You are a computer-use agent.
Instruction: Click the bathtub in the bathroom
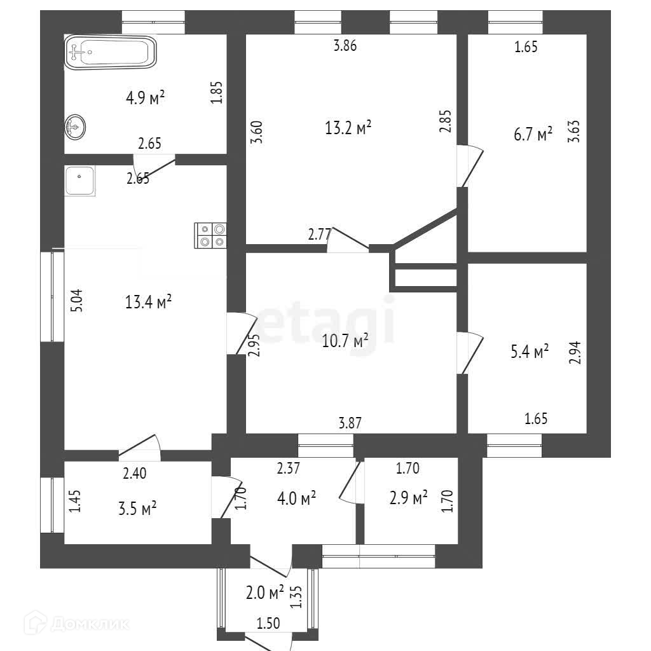point(111,51)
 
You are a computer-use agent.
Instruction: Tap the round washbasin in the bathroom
point(75,128)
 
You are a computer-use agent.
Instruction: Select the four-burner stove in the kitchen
point(210,235)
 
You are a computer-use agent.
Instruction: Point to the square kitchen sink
point(79,181)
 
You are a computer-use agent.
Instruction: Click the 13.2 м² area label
point(348,128)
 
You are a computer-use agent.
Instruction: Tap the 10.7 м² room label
point(346,341)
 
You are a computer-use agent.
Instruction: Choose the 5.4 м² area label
point(530,352)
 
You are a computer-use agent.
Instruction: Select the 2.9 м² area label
point(408,498)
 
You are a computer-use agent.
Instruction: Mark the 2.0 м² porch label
point(264,593)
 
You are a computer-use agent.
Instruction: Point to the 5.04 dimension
point(77,301)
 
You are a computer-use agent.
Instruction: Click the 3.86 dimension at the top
point(345,45)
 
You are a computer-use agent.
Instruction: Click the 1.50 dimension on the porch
point(268,624)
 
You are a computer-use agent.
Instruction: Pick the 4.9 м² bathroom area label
point(145,98)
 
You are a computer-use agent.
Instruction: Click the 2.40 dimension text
point(134,472)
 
